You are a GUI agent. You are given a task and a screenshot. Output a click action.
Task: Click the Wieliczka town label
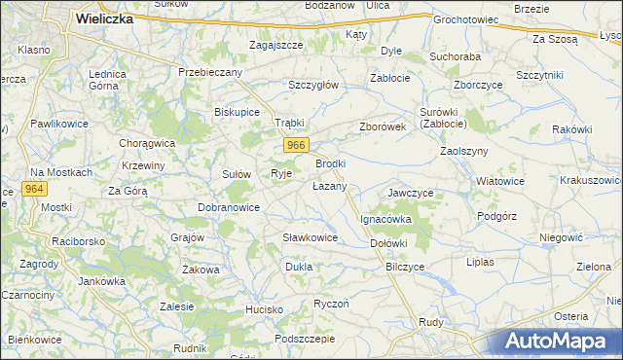pyautogui.click(x=104, y=18)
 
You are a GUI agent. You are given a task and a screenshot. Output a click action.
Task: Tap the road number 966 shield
pyautogui.click(x=297, y=145)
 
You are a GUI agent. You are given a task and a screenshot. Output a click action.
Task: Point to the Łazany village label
pyautogui.click(x=329, y=185)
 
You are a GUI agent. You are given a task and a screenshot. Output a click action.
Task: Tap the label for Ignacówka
pyautogui.click(x=386, y=219)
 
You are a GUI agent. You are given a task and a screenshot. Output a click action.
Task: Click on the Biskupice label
pyautogui.click(x=237, y=112)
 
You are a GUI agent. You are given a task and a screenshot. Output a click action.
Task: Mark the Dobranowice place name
pyautogui.click(x=228, y=207)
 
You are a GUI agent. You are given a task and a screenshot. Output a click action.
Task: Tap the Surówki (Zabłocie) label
pyautogui.click(x=443, y=118)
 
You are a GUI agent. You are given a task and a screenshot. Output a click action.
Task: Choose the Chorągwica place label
pyautogui.click(x=147, y=143)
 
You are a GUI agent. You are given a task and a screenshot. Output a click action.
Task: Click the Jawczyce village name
pyautogui.click(x=410, y=193)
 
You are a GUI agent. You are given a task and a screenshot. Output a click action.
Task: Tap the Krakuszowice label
pyautogui.click(x=591, y=180)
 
